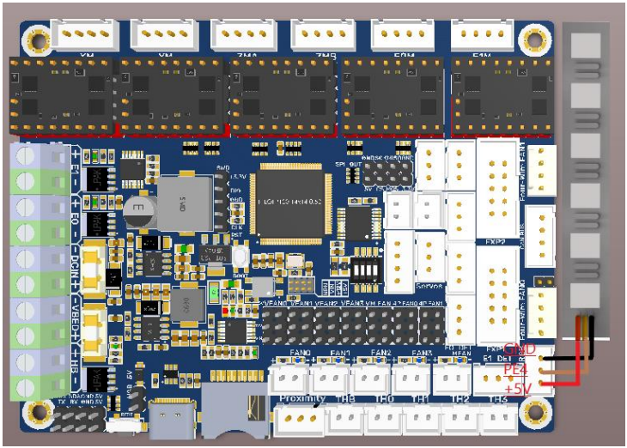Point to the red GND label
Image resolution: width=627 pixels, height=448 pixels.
tap(519, 349)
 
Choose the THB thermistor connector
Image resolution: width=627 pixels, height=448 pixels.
tap(345, 418)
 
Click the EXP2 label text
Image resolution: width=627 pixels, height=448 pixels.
tap(494, 242)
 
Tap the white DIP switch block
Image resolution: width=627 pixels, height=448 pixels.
tap(367, 272)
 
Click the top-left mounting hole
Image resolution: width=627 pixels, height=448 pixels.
tap(36, 39)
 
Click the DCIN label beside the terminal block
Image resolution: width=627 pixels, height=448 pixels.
tap(76, 265)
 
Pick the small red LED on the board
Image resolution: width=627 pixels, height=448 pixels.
tap(226, 310)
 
